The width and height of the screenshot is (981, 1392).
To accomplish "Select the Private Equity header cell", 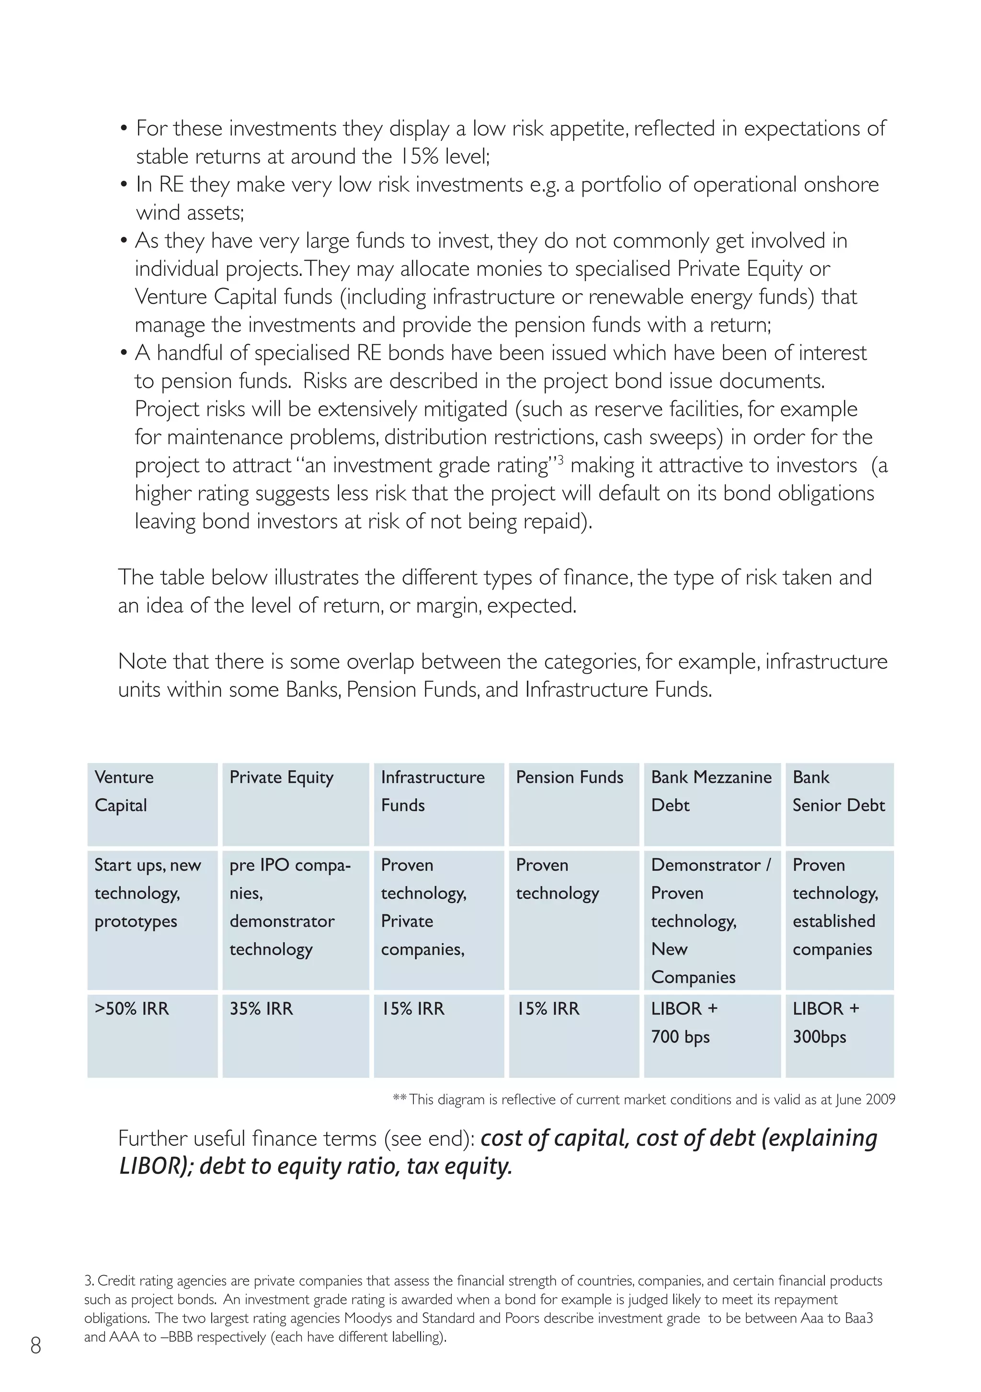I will pyautogui.click(x=295, y=804).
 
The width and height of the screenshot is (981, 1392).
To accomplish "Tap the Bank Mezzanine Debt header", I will pyautogui.click(x=712, y=804).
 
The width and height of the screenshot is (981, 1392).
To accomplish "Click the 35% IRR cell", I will pyautogui.click(x=295, y=1036).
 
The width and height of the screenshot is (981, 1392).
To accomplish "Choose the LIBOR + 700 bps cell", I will pyautogui.click(x=712, y=1036).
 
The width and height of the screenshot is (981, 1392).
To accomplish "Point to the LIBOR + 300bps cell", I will pyautogui.click(x=839, y=1036).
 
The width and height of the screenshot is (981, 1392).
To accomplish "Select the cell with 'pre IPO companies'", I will pyautogui.click(x=295, y=920).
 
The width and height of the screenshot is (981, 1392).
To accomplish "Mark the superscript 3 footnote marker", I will pyautogui.click(x=560, y=459).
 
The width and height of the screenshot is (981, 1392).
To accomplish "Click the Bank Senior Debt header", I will pyautogui.click(x=839, y=804).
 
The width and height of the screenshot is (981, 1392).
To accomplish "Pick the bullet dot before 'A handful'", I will pyautogui.click(x=124, y=354).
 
